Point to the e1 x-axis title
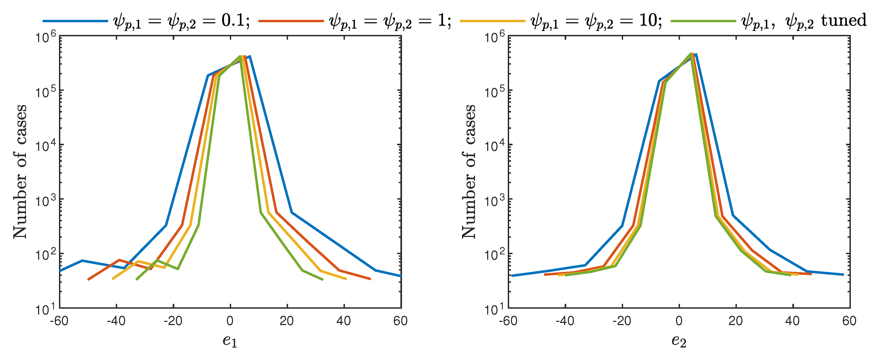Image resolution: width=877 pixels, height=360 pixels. tap(230, 341)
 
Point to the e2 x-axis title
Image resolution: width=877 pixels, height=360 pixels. tap(679, 341)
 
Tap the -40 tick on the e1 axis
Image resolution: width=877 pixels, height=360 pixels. tap(116, 321)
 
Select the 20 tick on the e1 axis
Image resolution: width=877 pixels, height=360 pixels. tap(287, 321)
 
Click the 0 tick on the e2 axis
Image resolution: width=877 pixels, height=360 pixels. tap(679, 321)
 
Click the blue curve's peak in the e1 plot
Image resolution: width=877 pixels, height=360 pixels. tap(250, 57)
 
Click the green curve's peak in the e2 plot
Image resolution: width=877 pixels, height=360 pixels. tap(691, 54)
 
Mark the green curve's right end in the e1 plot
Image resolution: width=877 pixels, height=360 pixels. tap(322, 280)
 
